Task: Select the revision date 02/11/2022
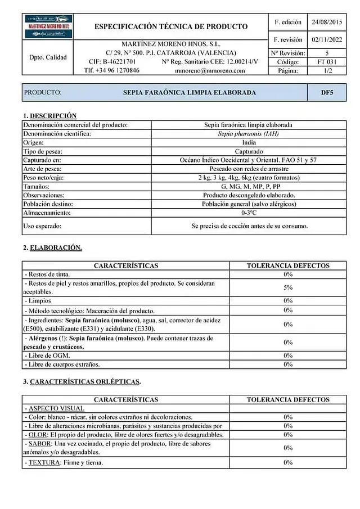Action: click(x=326, y=40)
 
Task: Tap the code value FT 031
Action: click(x=326, y=62)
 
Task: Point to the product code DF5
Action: click(x=327, y=92)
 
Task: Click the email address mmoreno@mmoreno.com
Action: click(x=210, y=71)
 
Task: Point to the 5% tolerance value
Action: click(x=288, y=287)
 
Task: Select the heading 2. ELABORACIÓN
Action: click(x=52, y=247)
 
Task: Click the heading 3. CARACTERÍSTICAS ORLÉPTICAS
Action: click(x=82, y=381)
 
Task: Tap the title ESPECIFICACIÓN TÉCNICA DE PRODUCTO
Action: click(x=171, y=26)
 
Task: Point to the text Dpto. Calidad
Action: click(x=48, y=57)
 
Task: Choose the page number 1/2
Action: click(x=326, y=71)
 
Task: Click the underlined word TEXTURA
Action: click(x=42, y=462)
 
